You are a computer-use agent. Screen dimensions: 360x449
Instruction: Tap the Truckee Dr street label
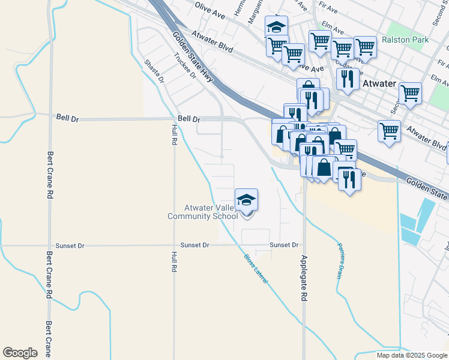185,67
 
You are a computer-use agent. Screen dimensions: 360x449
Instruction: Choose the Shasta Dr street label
154,71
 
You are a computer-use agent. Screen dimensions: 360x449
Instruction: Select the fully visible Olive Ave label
209,11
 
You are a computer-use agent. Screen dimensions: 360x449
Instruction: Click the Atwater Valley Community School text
202,212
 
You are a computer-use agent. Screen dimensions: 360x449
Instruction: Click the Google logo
20,353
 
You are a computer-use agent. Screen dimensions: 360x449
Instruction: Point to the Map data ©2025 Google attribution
412,355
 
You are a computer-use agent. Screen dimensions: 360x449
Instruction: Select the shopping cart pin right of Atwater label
410,94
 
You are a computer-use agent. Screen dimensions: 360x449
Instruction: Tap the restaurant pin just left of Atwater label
348,79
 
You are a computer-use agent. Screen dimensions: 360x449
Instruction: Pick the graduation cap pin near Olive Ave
276,27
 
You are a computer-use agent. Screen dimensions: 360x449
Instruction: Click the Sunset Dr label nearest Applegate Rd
284,245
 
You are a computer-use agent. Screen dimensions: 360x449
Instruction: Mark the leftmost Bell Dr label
67,119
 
